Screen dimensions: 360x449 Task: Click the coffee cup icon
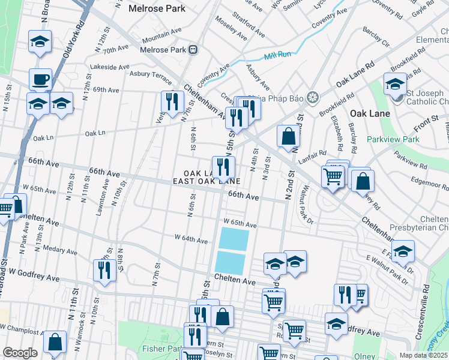pos(40,79)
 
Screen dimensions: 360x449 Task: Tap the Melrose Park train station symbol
pos(193,50)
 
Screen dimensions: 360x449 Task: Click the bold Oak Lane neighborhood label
pos(370,113)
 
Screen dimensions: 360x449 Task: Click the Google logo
pos(19,352)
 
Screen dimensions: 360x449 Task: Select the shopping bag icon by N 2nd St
pos(289,136)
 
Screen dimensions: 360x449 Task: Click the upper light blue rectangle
pos(234,239)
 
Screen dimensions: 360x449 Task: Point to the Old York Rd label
pos(70,48)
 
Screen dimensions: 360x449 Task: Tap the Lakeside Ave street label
pos(109,67)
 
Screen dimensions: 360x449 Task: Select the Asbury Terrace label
pos(151,74)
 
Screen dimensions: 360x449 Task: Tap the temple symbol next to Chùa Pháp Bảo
pos(312,97)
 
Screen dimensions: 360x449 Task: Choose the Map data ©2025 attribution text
pos(423,355)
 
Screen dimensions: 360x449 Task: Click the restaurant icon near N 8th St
pos(104,270)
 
